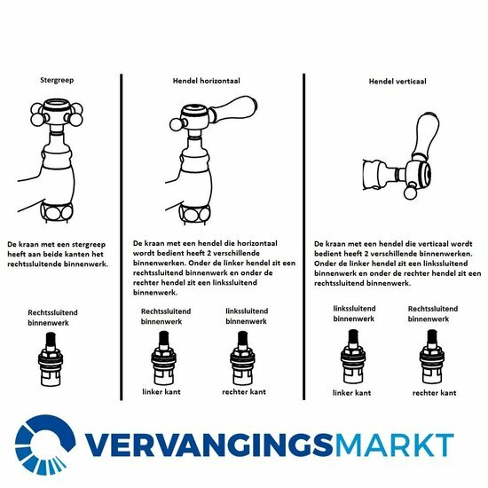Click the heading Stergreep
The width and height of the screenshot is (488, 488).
point(57,80)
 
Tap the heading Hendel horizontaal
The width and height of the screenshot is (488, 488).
point(207,81)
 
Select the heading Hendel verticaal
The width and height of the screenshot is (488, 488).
point(397,82)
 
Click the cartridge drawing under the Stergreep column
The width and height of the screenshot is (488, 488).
point(51,358)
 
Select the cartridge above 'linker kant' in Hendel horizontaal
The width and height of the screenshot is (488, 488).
point(164,358)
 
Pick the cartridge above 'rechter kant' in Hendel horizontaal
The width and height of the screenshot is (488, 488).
point(242,358)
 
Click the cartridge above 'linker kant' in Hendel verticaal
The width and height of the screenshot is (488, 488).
point(352,357)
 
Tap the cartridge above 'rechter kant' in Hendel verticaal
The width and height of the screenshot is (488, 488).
point(432,357)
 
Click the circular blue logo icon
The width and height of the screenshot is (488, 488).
point(45,445)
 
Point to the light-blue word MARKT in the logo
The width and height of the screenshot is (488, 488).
point(393,445)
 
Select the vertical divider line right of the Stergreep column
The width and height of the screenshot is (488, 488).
point(121,237)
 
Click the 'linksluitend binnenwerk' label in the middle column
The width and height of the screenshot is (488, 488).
point(247,316)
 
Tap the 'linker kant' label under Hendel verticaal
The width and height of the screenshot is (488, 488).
point(351,393)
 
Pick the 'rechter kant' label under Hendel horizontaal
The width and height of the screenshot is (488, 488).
point(244,392)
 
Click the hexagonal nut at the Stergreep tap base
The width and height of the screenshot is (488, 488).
point(57,212)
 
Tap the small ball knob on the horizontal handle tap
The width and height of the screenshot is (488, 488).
point(176,124)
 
